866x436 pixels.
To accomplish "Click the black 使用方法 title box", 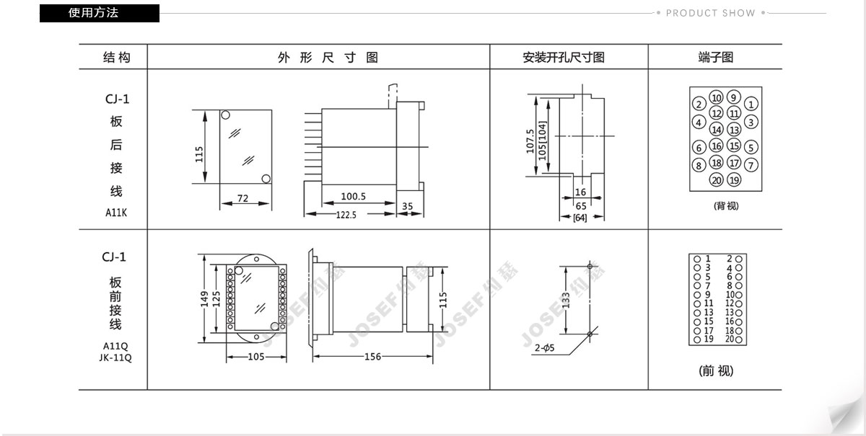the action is point(100,13).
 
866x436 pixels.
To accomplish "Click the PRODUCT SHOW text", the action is point(710,13).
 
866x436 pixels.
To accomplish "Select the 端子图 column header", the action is point(716,58).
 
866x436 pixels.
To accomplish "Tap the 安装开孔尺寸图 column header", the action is point(564,58).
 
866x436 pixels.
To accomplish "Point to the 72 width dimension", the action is point(242,198).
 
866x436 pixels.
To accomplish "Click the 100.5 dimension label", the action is point(353,196).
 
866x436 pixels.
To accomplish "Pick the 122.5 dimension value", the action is point(346,215).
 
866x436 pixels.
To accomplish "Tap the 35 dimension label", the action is point(408,206).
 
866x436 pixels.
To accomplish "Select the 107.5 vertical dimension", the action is point(530,141).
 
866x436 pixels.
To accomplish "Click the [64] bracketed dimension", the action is point(579,218).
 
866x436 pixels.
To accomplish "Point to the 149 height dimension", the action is point(204,299).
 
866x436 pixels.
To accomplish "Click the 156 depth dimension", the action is point(372,357).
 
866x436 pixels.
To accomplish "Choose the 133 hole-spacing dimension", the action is point(566,300).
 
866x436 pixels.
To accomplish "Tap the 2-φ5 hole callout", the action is point(544,347).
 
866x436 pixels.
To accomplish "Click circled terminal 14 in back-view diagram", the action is point(717,130).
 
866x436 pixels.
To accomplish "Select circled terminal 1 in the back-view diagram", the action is point(751,104).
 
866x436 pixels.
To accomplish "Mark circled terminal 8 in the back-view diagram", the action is point(699,165).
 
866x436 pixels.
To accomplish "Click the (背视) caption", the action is point(726,206).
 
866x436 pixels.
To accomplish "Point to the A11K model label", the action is point(116,213).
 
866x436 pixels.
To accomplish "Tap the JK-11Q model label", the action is point(115,357).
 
